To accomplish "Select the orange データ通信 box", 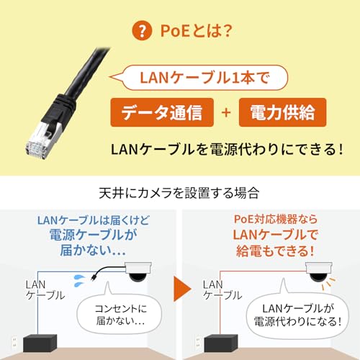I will (161, 114).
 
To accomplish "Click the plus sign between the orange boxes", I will (225, 114).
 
